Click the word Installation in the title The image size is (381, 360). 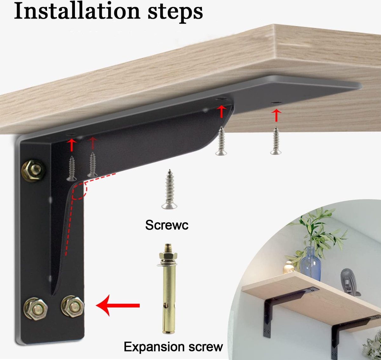tap(77, 11)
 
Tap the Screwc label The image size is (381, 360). tap(167, 225)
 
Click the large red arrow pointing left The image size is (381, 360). tap(117, 305)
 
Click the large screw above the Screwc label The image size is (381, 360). tap(170, 189)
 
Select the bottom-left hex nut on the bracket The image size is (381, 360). tap(36, 309)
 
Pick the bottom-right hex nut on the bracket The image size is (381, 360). tap(72, 306)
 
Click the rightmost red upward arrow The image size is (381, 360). tap(276, 115)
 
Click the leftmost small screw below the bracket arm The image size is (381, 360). tap(71, 168)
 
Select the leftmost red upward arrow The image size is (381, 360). tap(71, 145)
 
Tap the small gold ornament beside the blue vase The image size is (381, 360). tap(288, 267)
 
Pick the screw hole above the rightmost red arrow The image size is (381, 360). tap(277, 103)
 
